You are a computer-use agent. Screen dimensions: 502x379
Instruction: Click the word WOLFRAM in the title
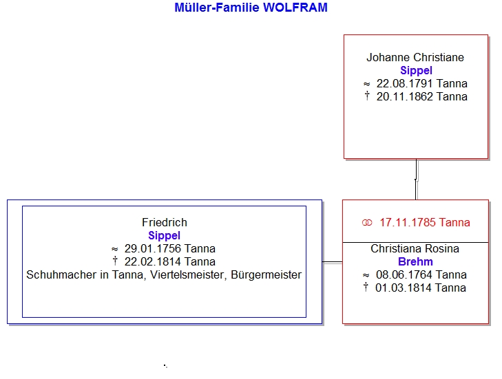295,8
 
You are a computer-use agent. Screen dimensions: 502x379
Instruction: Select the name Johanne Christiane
415,57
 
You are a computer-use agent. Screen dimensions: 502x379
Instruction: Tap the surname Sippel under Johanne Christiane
416,70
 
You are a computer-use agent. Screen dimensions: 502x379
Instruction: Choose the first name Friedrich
165,222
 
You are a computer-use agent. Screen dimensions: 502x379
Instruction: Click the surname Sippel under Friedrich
165,235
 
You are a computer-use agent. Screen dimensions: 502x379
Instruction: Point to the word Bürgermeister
266,275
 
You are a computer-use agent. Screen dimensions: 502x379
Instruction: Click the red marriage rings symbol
367,223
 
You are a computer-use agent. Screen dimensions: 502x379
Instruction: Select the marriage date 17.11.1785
408,222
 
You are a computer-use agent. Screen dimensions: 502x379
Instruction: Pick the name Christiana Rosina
415,248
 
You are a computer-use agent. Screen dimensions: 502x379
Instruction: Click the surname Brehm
415,261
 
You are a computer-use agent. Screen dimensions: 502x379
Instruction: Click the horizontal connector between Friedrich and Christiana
333,262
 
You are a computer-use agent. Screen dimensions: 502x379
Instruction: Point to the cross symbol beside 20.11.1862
367,96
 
